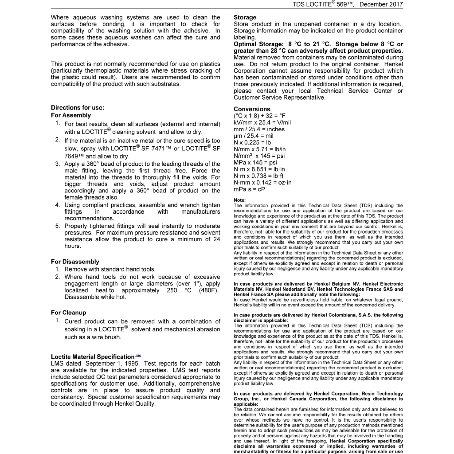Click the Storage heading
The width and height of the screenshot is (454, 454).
245,17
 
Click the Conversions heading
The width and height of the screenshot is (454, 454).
252,109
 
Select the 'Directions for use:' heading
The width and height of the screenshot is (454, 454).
78,107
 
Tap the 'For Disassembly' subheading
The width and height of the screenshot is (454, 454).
75,262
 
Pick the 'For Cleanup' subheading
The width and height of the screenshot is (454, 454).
69,313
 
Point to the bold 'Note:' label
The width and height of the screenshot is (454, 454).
240,200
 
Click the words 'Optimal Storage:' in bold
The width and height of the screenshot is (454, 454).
258,44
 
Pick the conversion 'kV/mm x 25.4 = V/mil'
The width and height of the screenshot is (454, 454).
262,122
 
